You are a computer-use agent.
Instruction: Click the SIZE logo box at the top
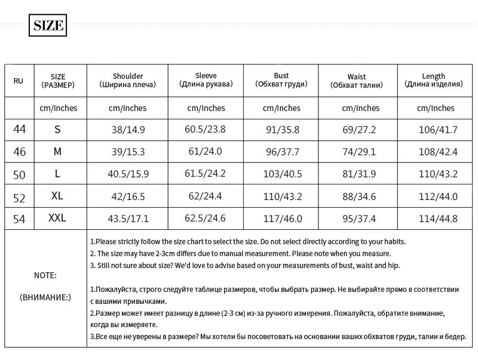(47, 26)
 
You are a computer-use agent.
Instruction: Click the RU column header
(19, 81)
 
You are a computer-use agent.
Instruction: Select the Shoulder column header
(127, 81)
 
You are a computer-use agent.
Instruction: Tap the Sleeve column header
(206, 81)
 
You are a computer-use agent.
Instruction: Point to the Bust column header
(281, 81)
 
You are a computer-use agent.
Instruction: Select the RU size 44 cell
(20, 129)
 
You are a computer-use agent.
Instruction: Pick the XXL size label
(57, 219)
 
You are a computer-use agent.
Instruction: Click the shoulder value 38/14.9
(127, 130)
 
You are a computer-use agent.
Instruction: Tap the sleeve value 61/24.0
(206, 152)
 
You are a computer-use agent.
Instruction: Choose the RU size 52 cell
(20, 196)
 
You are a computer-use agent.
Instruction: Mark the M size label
(57, 152)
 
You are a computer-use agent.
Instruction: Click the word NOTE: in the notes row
(45, 276)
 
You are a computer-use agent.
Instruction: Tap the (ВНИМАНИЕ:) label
(45, 297)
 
